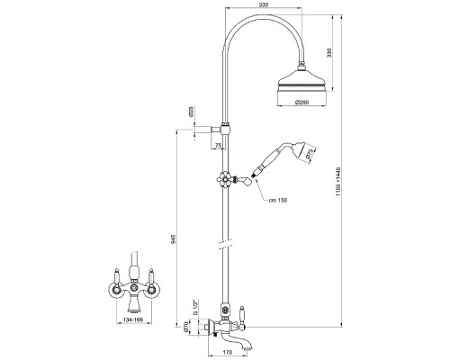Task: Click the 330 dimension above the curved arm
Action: coord(263,4)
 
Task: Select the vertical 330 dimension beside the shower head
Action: coord(329,52)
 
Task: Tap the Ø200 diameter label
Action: coord(301,103)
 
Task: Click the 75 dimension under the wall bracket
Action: coord(219,146)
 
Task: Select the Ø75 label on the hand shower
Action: coord(309,154)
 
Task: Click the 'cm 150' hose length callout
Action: coord(278,200)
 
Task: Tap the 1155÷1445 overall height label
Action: coord(338,182)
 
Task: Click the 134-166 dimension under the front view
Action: coord(133,320)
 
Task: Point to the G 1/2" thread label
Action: coord(195,307)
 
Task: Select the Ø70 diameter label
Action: coord(185,327)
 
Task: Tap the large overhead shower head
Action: coord(301,78)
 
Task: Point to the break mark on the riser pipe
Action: coord(225,244)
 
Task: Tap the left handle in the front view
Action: coord(117,282)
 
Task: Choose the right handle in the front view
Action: coord(151,282)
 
